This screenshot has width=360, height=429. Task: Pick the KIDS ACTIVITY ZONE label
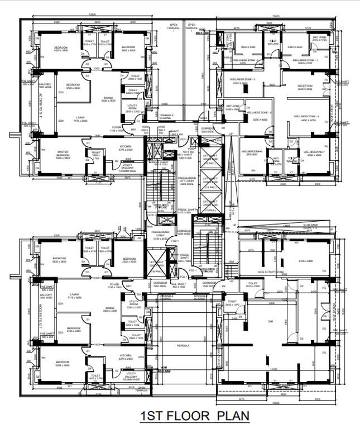click(x=271, y=273)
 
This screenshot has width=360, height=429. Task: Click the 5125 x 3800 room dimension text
click(x=301, y=260)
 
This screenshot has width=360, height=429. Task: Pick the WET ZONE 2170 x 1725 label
click(x=319, y=38)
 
